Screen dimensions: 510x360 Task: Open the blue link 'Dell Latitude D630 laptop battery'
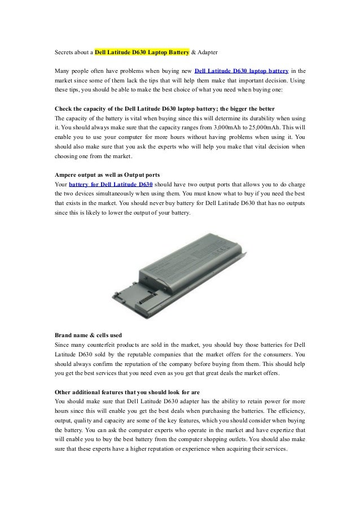pos(242,71)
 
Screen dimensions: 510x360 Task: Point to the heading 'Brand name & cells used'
pos(88,335)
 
